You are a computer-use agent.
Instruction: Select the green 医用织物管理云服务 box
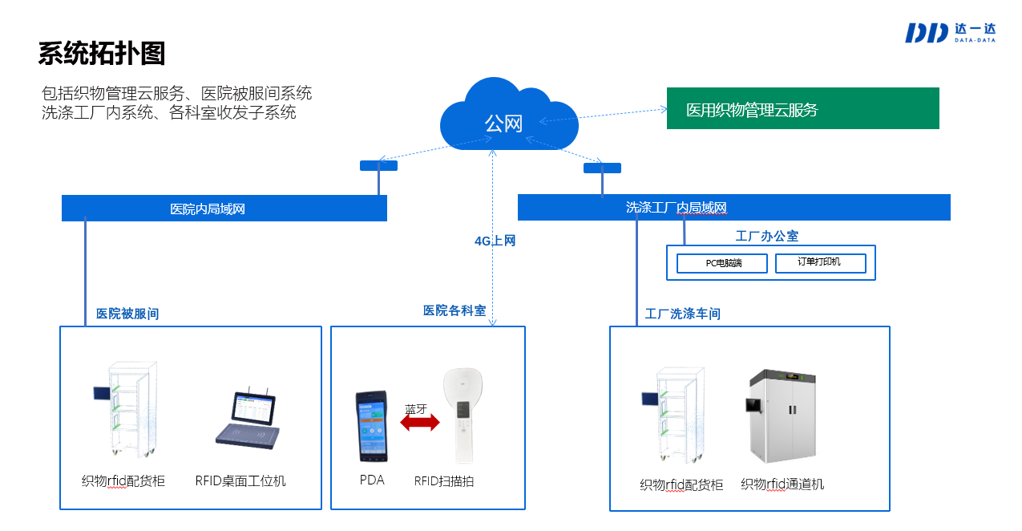802,108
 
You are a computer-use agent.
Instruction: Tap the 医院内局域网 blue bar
224,209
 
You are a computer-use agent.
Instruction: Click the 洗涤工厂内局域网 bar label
676,208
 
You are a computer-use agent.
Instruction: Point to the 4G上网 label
495,241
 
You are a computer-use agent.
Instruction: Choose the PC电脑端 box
722,263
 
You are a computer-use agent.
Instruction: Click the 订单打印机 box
819,262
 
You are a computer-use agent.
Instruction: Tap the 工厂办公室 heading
766,236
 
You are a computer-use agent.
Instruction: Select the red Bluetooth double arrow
420,423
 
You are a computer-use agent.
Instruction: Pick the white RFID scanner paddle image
466,415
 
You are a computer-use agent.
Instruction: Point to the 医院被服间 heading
127,314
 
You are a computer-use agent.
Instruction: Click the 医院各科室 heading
454,310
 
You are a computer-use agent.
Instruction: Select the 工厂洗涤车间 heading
682,314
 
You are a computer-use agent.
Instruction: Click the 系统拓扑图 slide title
102,53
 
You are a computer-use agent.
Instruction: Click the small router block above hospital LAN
378,166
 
